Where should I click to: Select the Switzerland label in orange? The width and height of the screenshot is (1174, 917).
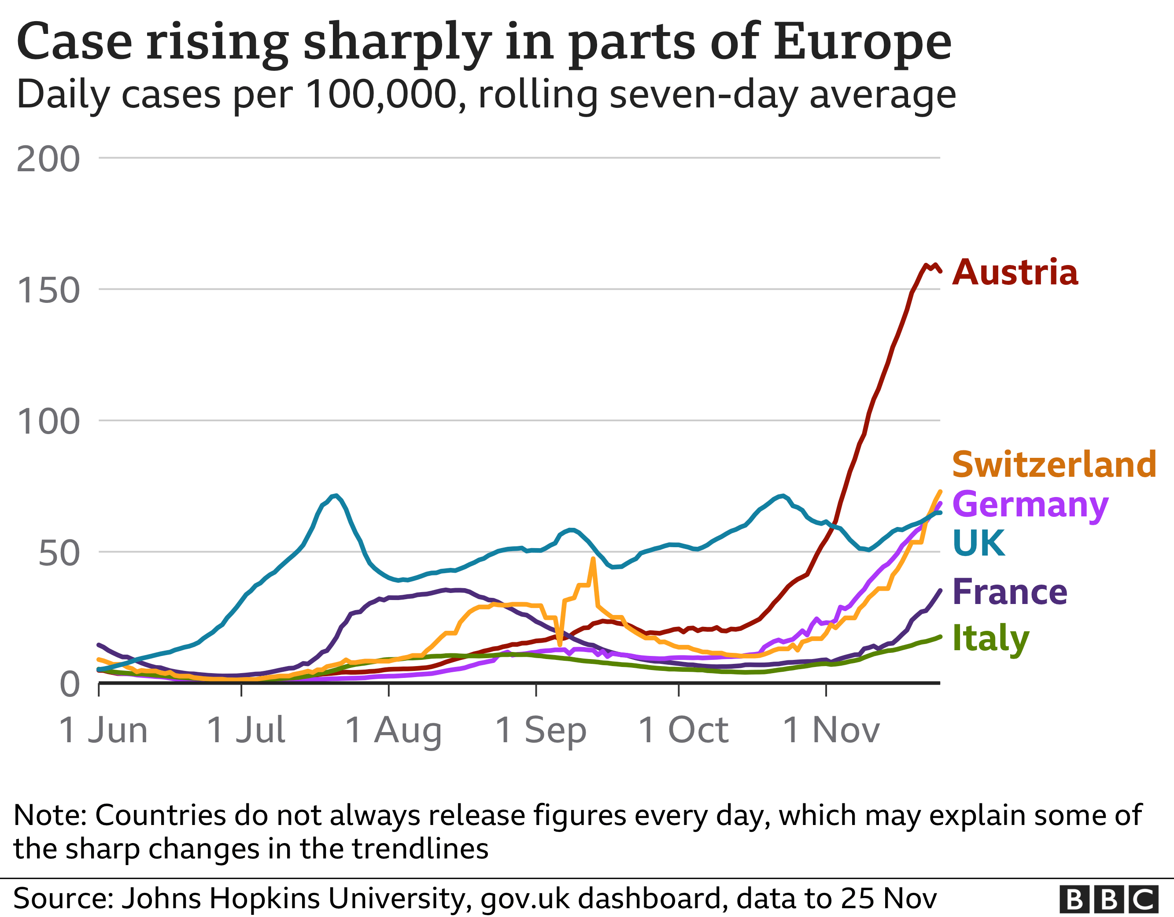pyautogui.click(x=1054, y=465)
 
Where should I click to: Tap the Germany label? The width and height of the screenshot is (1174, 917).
pyautogui.click(x=1030, y=505)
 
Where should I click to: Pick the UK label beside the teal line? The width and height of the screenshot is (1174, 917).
pyautogui.click(x=978, y=543)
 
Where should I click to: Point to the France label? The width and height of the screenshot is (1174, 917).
pyautogui.click(x=1009, y=593)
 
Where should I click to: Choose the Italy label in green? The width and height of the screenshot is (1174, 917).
pyautogui.click(x=990, y=639)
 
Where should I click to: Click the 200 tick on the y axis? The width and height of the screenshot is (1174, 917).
pyautogui.click(x=48, y=160)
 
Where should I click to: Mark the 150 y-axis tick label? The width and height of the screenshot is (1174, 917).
pyautogui.click(x=48, y=291)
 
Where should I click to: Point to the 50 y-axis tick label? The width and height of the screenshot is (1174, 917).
pyautogui.click(x=59, y=554)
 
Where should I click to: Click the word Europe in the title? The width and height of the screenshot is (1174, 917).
pyautogui.click(x=862, y=42)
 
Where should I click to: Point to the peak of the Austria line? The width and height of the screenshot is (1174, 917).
pyautogui.click(x=926, y=265)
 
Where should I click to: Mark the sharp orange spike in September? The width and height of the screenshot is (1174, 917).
pyautogui.click(x=593, y=559)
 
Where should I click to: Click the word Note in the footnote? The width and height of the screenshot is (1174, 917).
pyautogui.click(x=49, y=815)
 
